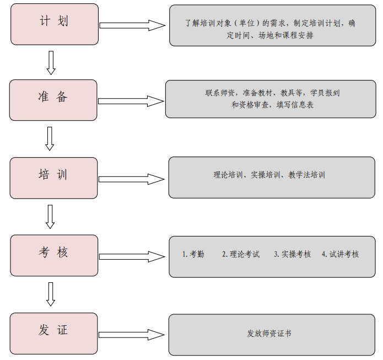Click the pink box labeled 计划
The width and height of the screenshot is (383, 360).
point(55,24)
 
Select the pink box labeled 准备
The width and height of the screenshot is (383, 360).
point(53,100)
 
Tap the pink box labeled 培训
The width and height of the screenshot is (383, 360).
point(54,178)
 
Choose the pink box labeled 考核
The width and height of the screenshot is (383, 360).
point(54,255)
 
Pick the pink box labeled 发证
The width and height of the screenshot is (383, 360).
point(54,334)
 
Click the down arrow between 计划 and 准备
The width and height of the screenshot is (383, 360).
point(51,63)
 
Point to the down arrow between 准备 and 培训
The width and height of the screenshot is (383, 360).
point(50,138)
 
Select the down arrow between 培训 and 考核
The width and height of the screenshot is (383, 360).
point(50,217)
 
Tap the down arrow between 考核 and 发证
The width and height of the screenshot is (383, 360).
point(51,294)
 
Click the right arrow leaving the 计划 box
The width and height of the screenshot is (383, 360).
point(132,25)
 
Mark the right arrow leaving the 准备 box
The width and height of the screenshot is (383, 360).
point(131,101)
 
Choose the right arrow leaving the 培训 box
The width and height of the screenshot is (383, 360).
point(132,179)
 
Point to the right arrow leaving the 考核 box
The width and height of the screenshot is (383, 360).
point(132,256)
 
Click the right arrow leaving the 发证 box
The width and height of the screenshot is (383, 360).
point(132,335)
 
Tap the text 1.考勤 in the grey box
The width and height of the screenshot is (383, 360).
point(193,254)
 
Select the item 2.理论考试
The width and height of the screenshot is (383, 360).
point(241,254)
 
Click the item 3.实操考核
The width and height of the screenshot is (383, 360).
point(293,254)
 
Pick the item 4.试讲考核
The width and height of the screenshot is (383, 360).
point(340,254)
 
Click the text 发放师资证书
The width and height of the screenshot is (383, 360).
point(269,334)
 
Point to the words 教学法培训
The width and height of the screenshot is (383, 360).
point(306,175)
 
